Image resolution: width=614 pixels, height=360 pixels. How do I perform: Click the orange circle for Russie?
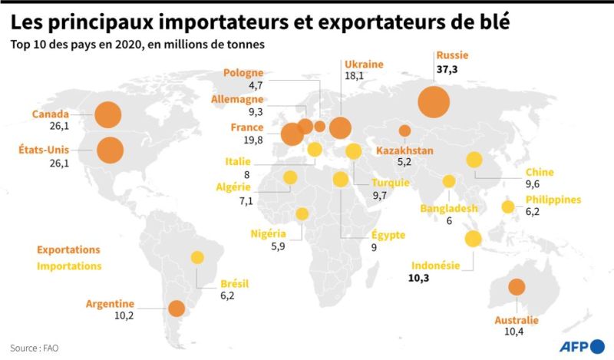coord(434,101)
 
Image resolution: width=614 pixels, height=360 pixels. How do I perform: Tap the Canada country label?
coord(51,114)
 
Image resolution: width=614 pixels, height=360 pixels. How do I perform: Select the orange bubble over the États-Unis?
coord(110,150)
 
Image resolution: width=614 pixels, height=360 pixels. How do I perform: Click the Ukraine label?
coord(364,64)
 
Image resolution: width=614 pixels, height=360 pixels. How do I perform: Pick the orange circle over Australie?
coord(516,287)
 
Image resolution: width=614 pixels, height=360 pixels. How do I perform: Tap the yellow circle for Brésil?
coord(197,258)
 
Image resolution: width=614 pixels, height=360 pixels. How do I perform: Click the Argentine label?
coord(111,303)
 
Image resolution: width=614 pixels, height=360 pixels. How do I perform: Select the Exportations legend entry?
coord(68,250)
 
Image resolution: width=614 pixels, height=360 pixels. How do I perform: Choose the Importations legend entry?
coord(69,266)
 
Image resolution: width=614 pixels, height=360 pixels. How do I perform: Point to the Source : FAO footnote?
coord(35,347)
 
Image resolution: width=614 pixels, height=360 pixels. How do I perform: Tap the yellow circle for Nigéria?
coord(302,214)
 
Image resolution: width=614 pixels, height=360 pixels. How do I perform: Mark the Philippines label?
coord(553,200)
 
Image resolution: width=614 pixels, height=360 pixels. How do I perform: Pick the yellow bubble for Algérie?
coord(290,178)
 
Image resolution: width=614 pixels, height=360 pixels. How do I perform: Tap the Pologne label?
coord(243,73)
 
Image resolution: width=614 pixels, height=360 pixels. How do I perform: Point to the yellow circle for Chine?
coord(474,160)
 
